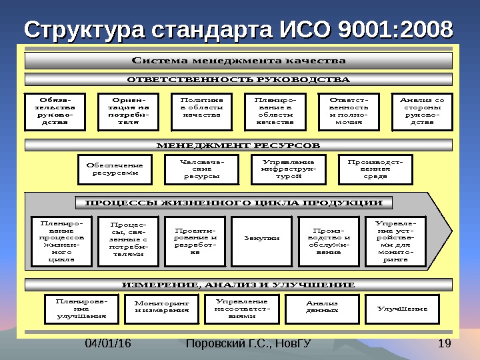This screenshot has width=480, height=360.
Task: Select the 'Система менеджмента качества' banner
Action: tap(239, 61)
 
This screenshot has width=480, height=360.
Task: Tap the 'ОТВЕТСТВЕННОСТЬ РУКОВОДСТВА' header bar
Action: tap(239, 80)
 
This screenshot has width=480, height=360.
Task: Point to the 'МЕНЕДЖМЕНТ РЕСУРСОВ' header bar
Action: tap(239, 145)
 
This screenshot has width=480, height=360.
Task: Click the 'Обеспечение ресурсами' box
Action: tap(115, 169)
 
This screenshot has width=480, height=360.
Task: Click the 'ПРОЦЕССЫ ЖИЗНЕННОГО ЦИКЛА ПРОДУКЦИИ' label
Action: tap(234, 203)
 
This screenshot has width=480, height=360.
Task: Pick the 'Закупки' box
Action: tap(261, 237)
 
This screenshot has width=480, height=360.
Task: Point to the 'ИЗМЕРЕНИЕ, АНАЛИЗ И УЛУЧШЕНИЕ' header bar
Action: tap(239, 285)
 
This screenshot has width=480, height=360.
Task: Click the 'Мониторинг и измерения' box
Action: tap(161, 307)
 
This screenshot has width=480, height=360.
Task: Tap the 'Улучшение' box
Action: tap(403, 309)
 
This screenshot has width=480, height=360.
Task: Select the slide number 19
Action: tap(446, 344)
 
